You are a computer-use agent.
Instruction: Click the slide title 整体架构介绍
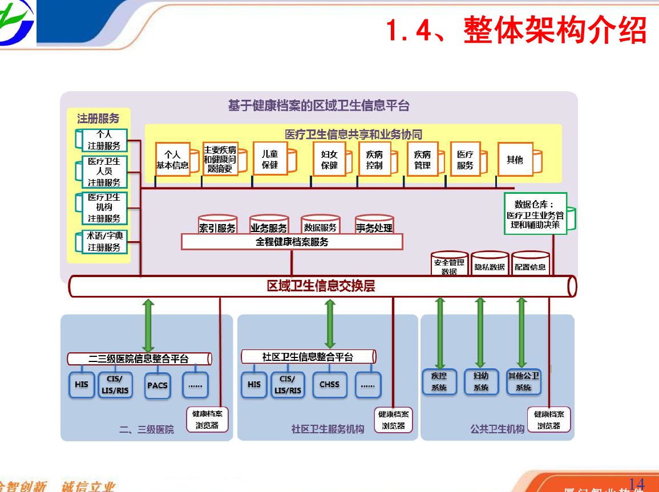point(516,30)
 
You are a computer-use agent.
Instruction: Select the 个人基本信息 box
point(172,160)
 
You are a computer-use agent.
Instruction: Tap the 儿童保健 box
point(270,160)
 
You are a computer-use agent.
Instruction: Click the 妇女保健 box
point(329,160)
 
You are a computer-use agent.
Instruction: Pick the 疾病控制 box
point(374,160)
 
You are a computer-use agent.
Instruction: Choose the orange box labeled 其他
point(515,160)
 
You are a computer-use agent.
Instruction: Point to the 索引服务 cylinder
point(217,225)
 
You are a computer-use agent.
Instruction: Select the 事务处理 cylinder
point(374,225)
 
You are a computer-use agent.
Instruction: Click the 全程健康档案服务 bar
point(292,242)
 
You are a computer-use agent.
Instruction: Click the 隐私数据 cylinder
point(490,264)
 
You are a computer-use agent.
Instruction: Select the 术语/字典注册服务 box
point(104,242)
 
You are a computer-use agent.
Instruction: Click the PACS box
point(157,385)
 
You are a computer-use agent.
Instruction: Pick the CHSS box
point(329,384)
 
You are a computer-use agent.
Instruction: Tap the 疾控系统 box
point(439,381)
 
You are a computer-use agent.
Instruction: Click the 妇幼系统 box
point(480,381)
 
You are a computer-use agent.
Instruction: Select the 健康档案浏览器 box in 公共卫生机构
point(548,420)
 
